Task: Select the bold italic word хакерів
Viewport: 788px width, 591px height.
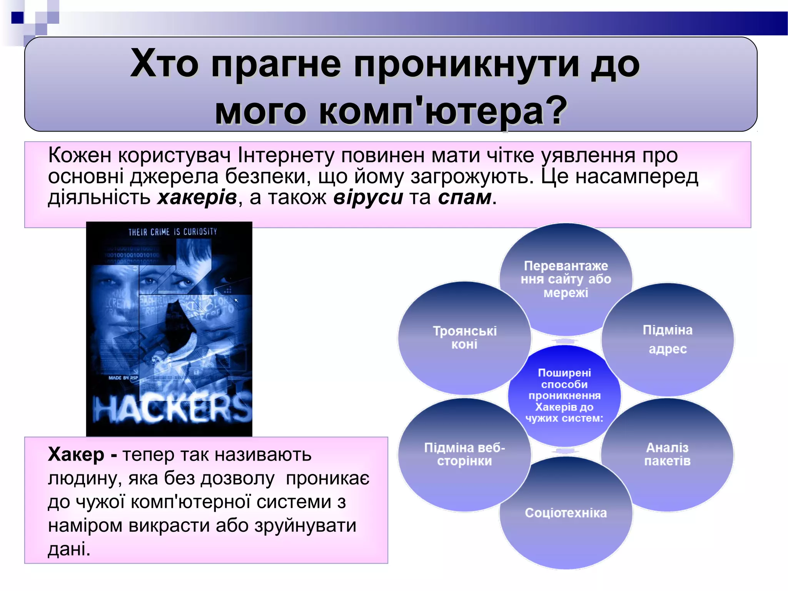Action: (x=197, y=197)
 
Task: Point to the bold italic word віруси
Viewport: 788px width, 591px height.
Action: (x=368, y=197)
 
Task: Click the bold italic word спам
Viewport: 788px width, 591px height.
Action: (x=465, y=197)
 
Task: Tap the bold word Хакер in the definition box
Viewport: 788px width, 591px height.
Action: (x=76, y=455)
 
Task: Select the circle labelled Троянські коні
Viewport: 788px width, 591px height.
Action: (x=464, y=338)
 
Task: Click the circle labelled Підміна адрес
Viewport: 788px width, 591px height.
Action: (x=668, y=339)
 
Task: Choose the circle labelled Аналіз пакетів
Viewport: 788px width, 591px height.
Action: (x=668, y=455)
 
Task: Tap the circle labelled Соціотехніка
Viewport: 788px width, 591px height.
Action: (x=566, y=513)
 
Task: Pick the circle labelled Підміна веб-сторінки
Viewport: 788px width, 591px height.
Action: (x=464, y=455)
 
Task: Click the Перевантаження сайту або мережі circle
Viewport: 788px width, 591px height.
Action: (x=566, y=279)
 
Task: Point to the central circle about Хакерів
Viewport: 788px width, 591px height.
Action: (x=564, y=396)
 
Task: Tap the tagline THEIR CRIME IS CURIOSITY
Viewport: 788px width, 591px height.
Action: (x=173, y=232)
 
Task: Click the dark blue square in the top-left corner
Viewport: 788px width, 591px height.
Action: (x=18, y=18)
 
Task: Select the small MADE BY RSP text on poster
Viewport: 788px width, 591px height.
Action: (x=123, y=378)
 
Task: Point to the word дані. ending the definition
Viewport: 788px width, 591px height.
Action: (x=69, y=549)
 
